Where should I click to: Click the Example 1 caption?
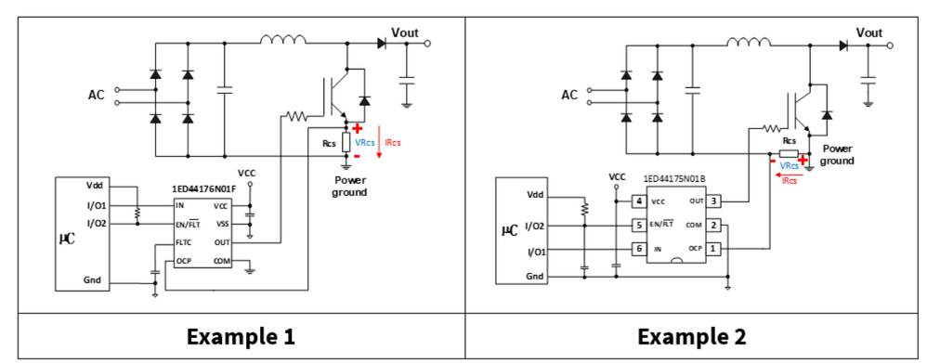(x=241, y=337)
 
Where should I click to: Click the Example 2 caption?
(x=691, y=337)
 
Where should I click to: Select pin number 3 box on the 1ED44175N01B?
(x=713, y=201)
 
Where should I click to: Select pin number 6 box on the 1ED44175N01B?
(x=638, y=249)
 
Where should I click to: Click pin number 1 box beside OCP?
(x=713, y=248)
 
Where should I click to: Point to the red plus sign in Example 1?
(x=357, y=129)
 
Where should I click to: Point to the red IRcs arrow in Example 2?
(x=788, y=175)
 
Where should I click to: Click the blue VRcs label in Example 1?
(x=365, y=143)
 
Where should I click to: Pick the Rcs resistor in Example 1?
(x=346, y=143)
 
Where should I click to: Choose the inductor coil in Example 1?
(x=284, y=39)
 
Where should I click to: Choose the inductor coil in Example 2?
(x=749, y=42)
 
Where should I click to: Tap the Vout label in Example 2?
(x=869, y=33)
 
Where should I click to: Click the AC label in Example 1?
(x=97, y=96)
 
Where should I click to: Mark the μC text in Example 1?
(x=66, y=239)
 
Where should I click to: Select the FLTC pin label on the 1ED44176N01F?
(x=184, y=242)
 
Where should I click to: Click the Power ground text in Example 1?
(x=350, y=187)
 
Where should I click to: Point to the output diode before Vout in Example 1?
(x=382, y=43)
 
